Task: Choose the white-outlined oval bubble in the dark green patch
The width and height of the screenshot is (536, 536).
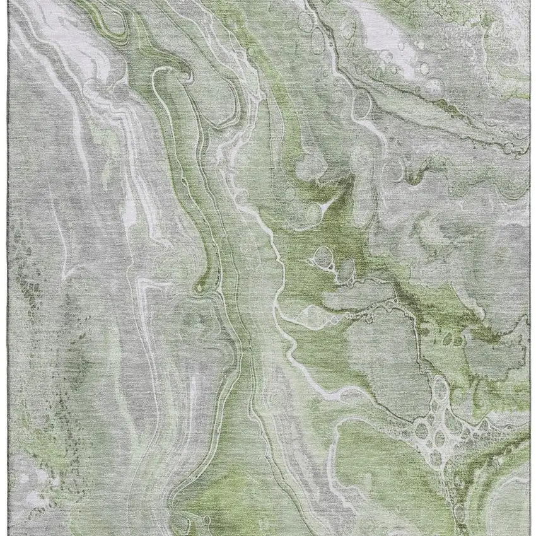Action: click(323, 257)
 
